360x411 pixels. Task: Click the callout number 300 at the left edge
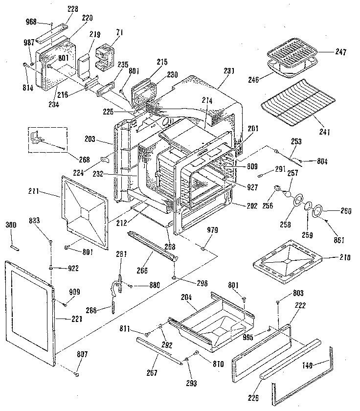coord(11,225)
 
